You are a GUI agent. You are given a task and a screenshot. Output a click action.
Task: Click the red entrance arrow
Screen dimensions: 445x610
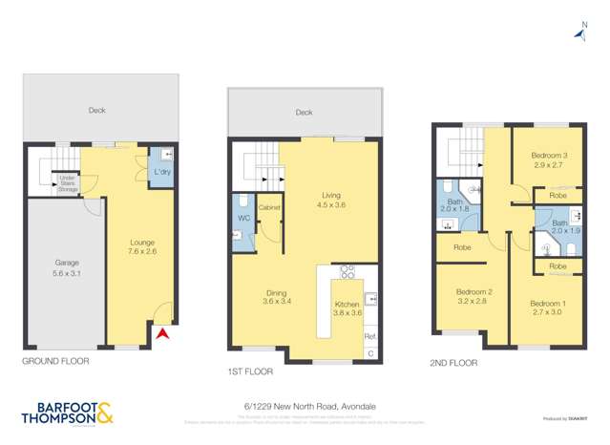(162, 333)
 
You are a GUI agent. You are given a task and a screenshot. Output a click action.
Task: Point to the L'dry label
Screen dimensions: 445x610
(162, 172)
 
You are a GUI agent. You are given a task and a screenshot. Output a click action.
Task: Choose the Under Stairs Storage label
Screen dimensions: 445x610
(68, 183)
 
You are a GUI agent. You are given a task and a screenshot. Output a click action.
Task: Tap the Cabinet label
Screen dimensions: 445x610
(268, 207)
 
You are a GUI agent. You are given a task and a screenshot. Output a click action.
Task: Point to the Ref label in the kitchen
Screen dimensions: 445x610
(370, 337)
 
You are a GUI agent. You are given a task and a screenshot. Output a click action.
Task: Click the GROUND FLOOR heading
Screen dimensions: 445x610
(55, 362)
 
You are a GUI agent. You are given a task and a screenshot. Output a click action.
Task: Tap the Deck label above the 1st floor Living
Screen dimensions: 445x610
(304, 113)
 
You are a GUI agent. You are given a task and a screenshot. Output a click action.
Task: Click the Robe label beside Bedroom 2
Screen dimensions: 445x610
(462, 247)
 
